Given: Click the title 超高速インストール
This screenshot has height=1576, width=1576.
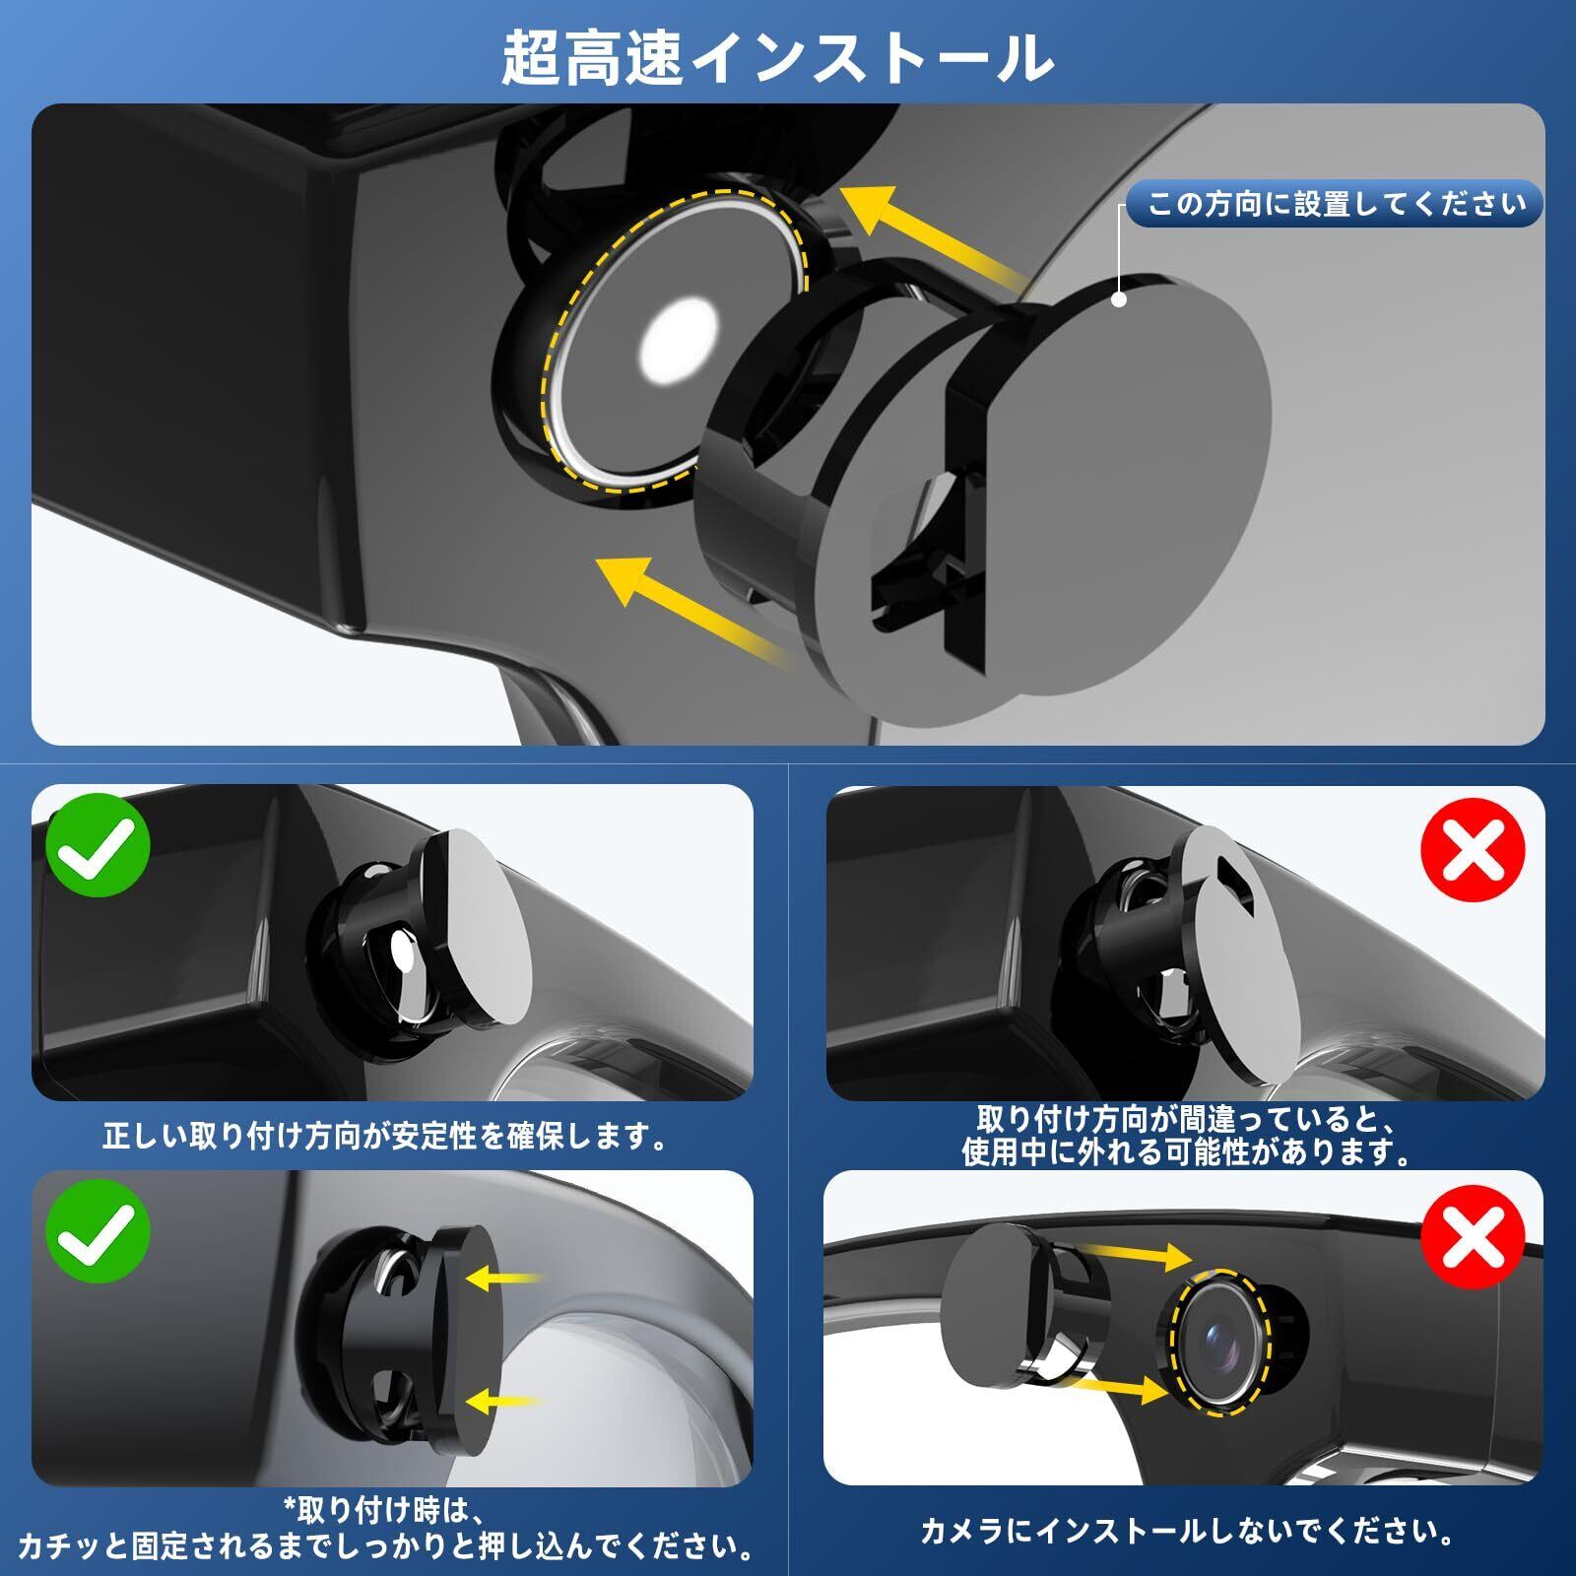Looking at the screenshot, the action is tap(777, 58).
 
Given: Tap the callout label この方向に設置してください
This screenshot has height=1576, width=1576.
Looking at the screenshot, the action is tap(1336, 204).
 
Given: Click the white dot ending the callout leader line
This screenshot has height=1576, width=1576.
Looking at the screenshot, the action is tap(1119, 298).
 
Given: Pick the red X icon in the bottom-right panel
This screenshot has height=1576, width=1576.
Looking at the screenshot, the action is tap(1474, 1234).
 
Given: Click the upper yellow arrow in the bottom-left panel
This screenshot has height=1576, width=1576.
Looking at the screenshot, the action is tap(504, 1279).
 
